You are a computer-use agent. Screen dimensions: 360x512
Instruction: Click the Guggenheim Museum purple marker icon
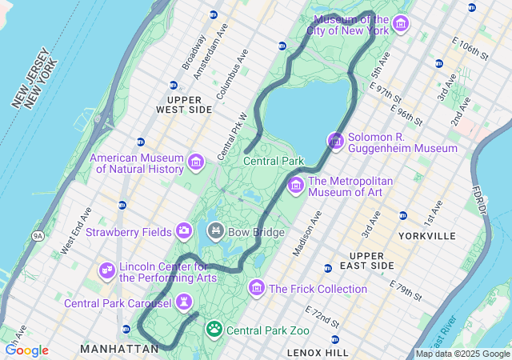[x=335, y=142]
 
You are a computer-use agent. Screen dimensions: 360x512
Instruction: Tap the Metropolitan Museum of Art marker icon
[x=295, y=186]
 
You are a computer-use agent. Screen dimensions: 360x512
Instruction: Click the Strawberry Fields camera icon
[x=184, y=231]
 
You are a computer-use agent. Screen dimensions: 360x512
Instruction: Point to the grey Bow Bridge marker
[x=215, y=232]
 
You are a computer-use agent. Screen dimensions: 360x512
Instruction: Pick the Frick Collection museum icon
[x=257, y=287]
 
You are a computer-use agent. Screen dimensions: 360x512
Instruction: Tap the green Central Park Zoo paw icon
[x=214, y=329]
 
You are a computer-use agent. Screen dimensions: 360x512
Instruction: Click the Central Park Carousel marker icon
[x=184, y=302]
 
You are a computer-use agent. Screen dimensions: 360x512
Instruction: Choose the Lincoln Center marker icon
[x=106, y=271]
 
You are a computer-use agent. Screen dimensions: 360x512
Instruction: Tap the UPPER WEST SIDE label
[x=184, y=103]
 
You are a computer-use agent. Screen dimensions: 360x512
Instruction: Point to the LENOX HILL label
[x=318, y=352]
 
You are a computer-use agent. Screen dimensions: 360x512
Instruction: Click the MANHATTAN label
[x=119, y=349]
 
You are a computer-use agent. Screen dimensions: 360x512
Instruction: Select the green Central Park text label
[x=274, y=161]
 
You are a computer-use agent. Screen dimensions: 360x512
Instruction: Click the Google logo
[x=26, y=350]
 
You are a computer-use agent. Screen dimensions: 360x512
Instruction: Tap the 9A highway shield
[x=38, y=236]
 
